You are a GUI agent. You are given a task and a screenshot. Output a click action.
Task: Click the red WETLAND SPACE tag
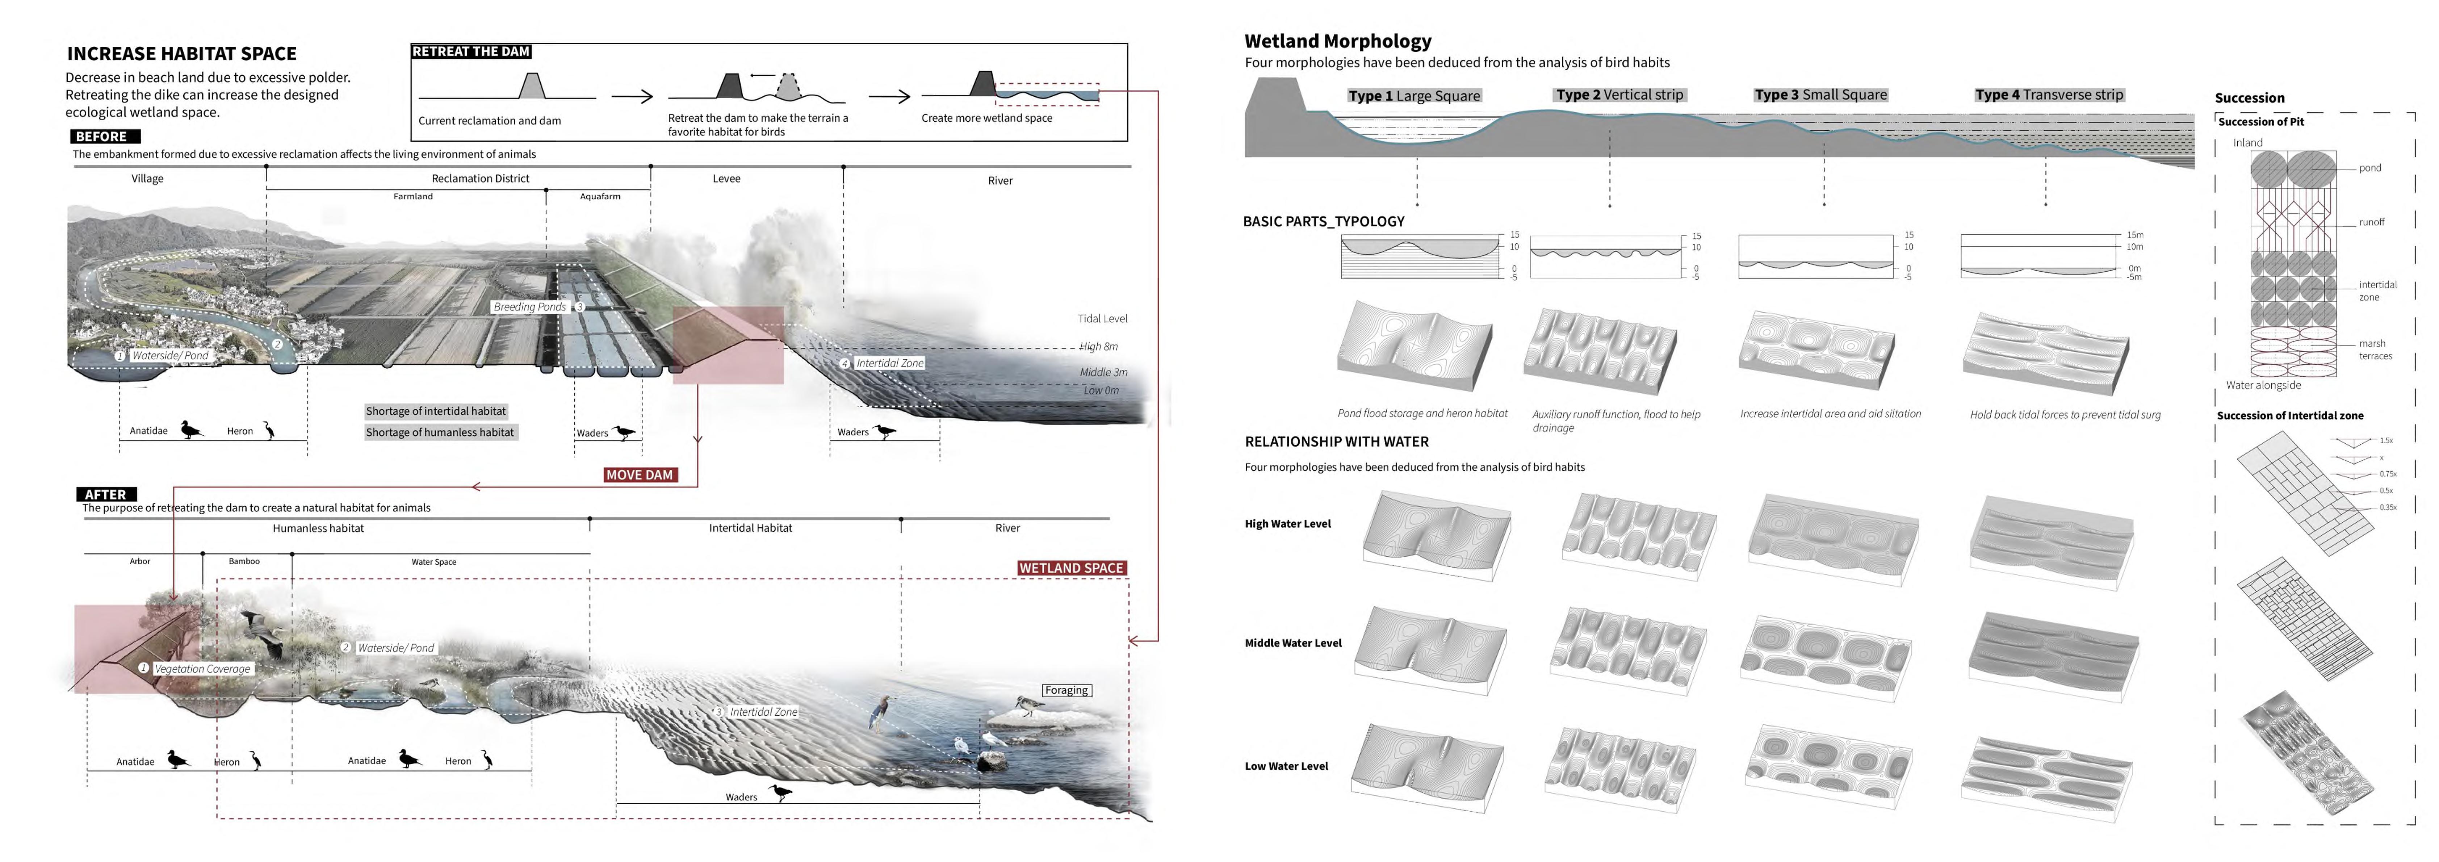(1071, 568)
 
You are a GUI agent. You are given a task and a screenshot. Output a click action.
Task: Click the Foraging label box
(1066, 691)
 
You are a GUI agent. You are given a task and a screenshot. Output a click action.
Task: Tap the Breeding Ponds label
(529, 307)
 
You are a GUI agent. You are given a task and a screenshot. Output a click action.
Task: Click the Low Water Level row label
(1286, 766)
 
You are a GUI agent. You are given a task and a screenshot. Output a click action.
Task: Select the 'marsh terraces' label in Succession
(2375, 350)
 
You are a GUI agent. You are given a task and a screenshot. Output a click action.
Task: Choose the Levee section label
(726, 178)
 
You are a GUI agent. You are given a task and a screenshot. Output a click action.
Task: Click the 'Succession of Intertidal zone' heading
(2289, 416)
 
